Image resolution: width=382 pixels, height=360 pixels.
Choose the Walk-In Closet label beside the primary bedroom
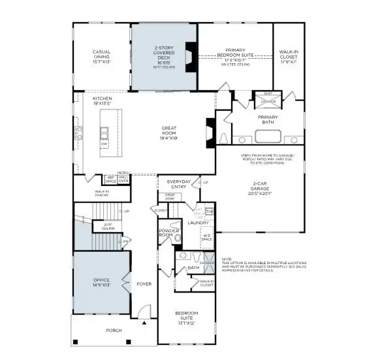click(289, 54)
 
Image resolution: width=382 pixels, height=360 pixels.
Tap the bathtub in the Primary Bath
click(267, 136)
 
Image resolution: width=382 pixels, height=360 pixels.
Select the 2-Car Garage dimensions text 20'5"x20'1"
click(259, 193)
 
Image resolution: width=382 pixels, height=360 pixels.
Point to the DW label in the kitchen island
click(104, 143)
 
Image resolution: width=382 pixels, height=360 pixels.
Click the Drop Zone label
click(170, 196)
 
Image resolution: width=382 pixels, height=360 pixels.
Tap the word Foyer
click(143, 284)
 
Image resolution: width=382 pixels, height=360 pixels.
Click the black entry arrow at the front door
click(144, 322)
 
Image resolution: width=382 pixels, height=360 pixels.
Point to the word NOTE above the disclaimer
click(227, 259)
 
